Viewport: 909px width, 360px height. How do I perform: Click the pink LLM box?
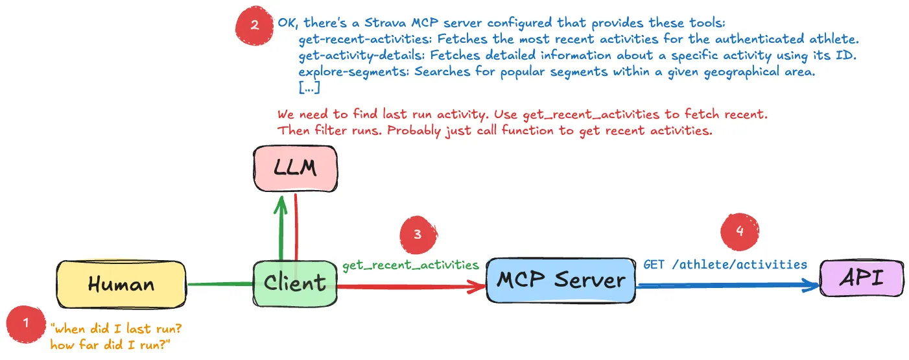(294, 169)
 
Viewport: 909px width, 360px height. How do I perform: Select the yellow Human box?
(121, 283)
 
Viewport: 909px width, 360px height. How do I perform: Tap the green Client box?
(295, 283)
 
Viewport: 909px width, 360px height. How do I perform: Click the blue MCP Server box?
(561, 280)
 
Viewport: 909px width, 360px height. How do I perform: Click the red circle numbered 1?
(26, 323)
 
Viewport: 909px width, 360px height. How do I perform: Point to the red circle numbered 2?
(254, 25)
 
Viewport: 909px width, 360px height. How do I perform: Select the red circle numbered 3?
(418, 234)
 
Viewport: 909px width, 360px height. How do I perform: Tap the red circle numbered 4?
(740, 229)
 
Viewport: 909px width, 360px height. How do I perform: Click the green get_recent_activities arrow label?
(410, 265)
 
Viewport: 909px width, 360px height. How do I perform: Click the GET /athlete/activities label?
(725, 264)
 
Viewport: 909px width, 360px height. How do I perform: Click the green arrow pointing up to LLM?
(281, 227)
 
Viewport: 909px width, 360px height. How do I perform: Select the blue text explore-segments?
(353, 71)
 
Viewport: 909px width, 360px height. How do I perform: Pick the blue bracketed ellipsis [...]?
(309, 88)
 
